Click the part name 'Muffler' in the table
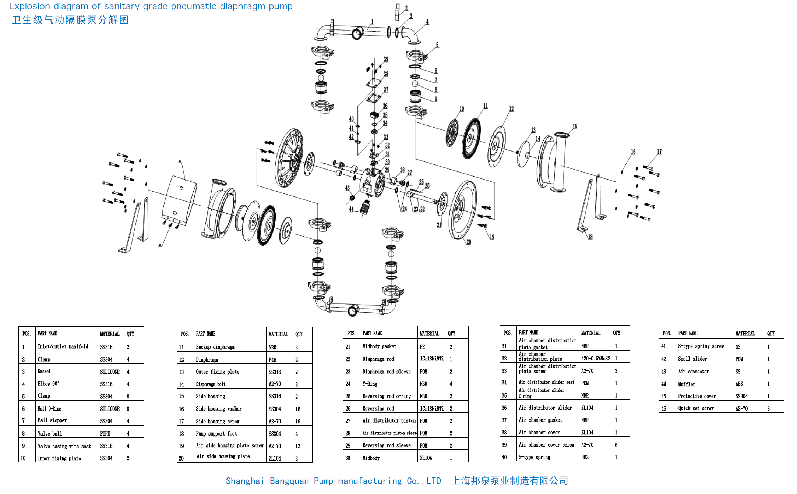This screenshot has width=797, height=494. point(687,384)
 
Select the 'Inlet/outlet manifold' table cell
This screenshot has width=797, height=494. point(63,346)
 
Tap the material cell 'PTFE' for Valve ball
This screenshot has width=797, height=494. point(105,434)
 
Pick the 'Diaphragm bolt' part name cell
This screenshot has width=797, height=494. point(211,384)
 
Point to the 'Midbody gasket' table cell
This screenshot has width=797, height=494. point(379,346)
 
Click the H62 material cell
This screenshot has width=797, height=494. point(585,457)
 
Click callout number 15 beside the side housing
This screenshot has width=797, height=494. point(575,127)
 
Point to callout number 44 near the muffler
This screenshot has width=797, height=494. point(351,209)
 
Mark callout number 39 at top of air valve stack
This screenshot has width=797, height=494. point(386,59)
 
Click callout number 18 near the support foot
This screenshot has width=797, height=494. point(590,237)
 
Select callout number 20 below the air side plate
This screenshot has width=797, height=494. point(469,242)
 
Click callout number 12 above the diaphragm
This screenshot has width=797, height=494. point(511,109)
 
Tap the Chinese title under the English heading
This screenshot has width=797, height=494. point(70,20)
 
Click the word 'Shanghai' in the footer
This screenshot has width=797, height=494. point(244,481)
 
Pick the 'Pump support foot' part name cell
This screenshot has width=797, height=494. point(216,434)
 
